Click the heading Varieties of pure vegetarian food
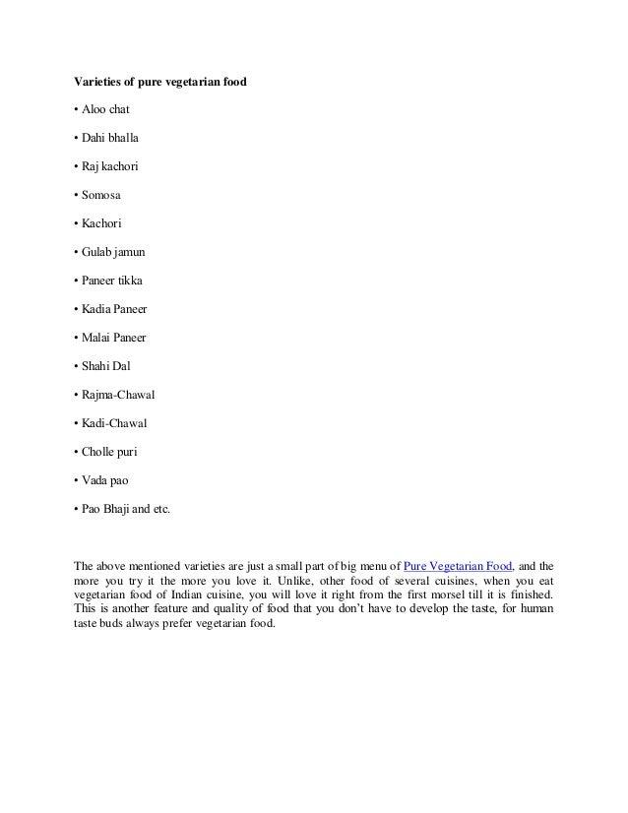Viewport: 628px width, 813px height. pos(160,80)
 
